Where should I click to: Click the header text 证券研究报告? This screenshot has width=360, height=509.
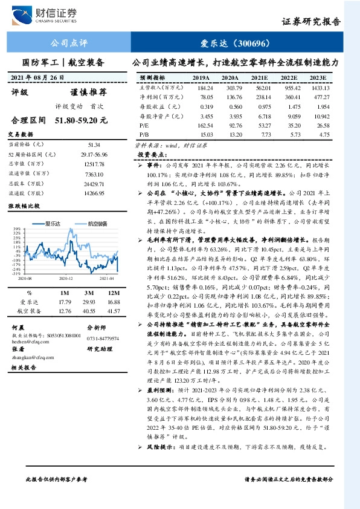(x=311, y=22)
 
